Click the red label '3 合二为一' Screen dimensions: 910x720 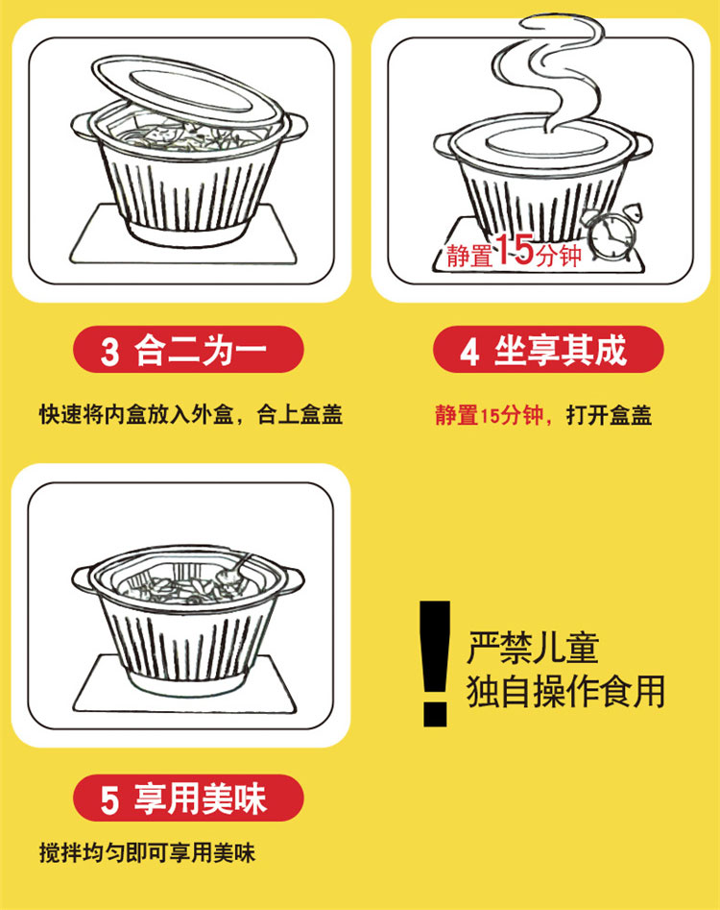pyautogui.click(x=188, y=351)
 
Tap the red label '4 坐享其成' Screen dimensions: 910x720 pyautogui.click(x=547, y=351)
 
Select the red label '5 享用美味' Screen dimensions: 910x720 pyautogui.click(x=188, y=799)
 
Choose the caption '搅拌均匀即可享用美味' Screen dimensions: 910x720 pyautogui.click(x=147, y=852)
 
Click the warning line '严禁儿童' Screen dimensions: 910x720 pyautogui.click(x=533, y=647)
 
